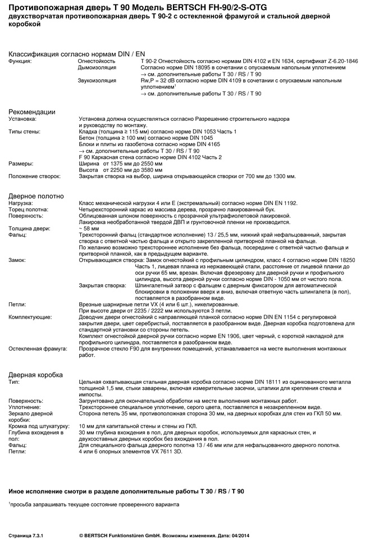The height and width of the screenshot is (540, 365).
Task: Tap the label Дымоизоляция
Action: pyautogui.click(x=97, y=67)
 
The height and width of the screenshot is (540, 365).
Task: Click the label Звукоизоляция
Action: pyautogui.click(x=97, y=80)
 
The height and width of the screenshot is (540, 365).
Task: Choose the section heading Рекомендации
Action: pyautogui.click(x=31, y=112)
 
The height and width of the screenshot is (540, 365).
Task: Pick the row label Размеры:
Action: pyautogui.click(x=21, y=164)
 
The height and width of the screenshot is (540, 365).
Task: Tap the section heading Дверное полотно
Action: pyautogui.click(x=36, y=196)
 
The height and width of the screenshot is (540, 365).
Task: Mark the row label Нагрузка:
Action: pyautogui.click(x=21, y=202)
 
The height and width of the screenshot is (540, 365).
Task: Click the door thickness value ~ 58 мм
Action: pyautogui.click(x=89, y=229)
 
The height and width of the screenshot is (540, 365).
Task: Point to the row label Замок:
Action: pyautogui.click(x=17, y=261)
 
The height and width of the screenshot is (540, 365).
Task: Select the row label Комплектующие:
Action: pyautogui.click(x=29, y=317)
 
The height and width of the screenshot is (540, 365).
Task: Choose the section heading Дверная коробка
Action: pyautogui.click(x=35, y=374)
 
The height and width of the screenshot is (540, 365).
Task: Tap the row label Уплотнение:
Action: pyautogui.click(x=25, y=406)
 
